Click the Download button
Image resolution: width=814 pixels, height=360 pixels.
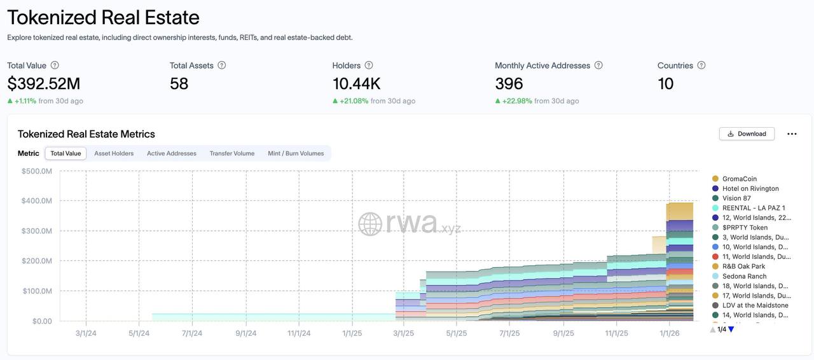[747, 134]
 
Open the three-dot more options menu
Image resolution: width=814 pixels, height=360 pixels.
[792, 134]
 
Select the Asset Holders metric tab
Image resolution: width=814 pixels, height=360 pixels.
[114, 153]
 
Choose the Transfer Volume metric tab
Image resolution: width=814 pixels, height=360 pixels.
[232, 153]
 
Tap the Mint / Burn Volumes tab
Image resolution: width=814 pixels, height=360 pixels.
[296, 153]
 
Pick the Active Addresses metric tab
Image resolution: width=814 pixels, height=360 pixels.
[172, 153]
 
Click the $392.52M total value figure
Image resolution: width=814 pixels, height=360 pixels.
[44, 83]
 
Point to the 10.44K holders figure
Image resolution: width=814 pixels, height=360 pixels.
[356, 83]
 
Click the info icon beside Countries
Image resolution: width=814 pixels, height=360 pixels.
[701, 65]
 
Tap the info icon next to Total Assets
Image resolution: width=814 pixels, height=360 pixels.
[222, 65]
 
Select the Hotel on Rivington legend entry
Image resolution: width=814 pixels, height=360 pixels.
[750, 188]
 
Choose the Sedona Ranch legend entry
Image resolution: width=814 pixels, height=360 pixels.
[744, 276]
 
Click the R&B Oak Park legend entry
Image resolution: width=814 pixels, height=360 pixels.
[743, 267]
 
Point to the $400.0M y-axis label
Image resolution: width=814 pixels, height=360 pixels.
[37, 201]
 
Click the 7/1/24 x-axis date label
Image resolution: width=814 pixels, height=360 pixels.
[192, 333]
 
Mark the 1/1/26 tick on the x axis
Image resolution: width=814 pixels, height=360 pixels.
[670, 333]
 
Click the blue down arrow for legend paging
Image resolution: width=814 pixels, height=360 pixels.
[731, 329]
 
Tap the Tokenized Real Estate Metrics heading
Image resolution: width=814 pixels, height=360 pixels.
[86, 134]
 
